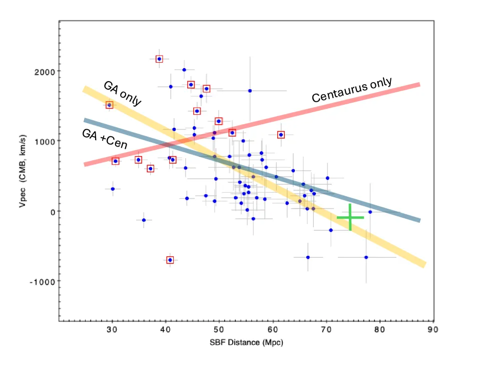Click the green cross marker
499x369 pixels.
[350, 217]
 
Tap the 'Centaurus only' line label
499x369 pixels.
[351, 90]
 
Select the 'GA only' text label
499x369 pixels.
[122, 93]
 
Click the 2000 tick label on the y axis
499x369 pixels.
[45, 71]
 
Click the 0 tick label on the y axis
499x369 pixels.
[51, 211]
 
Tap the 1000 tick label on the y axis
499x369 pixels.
[45, 141]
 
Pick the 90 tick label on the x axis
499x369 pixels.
[433, 329]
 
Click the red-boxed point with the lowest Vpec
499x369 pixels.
[170, 260]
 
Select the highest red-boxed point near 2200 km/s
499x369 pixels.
[159, 59]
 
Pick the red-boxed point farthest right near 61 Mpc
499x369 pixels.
[281, 135]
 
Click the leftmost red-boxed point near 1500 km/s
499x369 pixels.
[109, 105]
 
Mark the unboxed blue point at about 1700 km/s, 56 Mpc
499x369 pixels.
[250, 91]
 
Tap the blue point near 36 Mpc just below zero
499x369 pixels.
[144, 220]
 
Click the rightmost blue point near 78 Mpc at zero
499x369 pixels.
[370, 212]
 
